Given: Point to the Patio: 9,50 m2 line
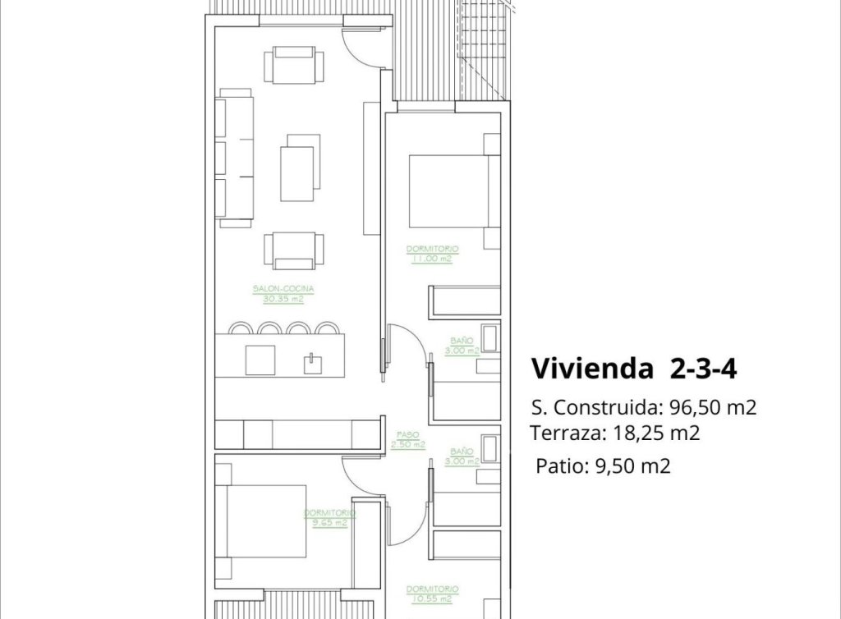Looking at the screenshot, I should (603, 467).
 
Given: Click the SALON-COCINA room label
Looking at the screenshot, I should (284, 289).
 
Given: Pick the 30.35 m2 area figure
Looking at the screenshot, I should (284, 300).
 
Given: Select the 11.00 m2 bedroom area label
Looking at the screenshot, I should (431, 259).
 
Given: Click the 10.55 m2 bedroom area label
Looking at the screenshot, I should (431, 599).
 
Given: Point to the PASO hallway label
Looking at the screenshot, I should (408, 435).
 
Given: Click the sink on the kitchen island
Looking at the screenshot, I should (312, 362).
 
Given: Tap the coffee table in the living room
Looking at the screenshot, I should (297, 173).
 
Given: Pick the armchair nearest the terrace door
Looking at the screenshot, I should (294, 66).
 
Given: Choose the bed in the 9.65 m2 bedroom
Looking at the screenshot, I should (260, 522).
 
